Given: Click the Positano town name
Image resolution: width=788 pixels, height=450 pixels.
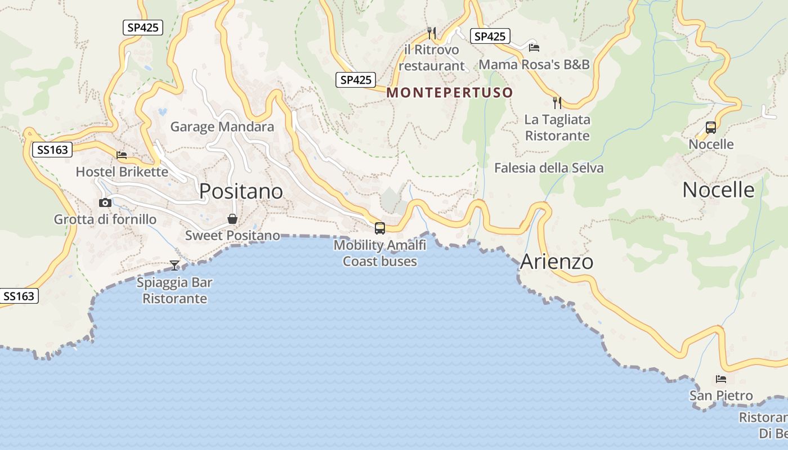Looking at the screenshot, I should [241, 192].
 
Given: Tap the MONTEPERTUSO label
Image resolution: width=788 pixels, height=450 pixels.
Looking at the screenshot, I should [450, 93].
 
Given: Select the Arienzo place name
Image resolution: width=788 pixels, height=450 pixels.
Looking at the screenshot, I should [556, 262].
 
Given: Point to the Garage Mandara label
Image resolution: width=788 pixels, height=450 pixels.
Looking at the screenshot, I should [222, 127].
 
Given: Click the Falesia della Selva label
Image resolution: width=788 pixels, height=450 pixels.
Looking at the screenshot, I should [549, 168].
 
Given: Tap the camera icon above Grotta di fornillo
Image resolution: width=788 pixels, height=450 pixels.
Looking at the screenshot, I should [105, 202].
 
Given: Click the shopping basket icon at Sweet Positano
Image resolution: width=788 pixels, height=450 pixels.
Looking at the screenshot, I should [232, 219].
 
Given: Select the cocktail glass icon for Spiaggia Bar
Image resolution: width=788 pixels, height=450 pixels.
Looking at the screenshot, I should [174, 265].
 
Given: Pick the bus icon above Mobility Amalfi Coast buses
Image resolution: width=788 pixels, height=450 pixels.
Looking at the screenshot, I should [380, 228].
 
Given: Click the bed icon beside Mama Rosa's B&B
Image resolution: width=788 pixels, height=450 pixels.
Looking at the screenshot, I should [534, 47].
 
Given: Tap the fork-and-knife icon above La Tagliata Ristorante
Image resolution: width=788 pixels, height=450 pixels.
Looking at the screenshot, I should [557, 102].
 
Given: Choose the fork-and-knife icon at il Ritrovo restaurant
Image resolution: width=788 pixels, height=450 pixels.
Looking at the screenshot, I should [432, 33].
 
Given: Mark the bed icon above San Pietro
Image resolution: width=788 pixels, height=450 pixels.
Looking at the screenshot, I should [721, 379].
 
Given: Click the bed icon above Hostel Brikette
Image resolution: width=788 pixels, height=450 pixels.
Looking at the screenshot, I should [122, 155].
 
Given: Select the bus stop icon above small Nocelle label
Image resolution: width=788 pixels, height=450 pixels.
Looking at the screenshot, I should [711, 128].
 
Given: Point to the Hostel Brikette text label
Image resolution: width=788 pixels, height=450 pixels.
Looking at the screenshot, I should [122, 172].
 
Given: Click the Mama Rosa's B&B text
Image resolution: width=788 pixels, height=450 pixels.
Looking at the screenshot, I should [534, 65].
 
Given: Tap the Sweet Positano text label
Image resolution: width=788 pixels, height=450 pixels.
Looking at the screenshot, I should [232, 236].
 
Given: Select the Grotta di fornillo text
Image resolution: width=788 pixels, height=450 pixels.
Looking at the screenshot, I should [105, 219].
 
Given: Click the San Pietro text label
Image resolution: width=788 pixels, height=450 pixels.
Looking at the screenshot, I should [721, 396].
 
